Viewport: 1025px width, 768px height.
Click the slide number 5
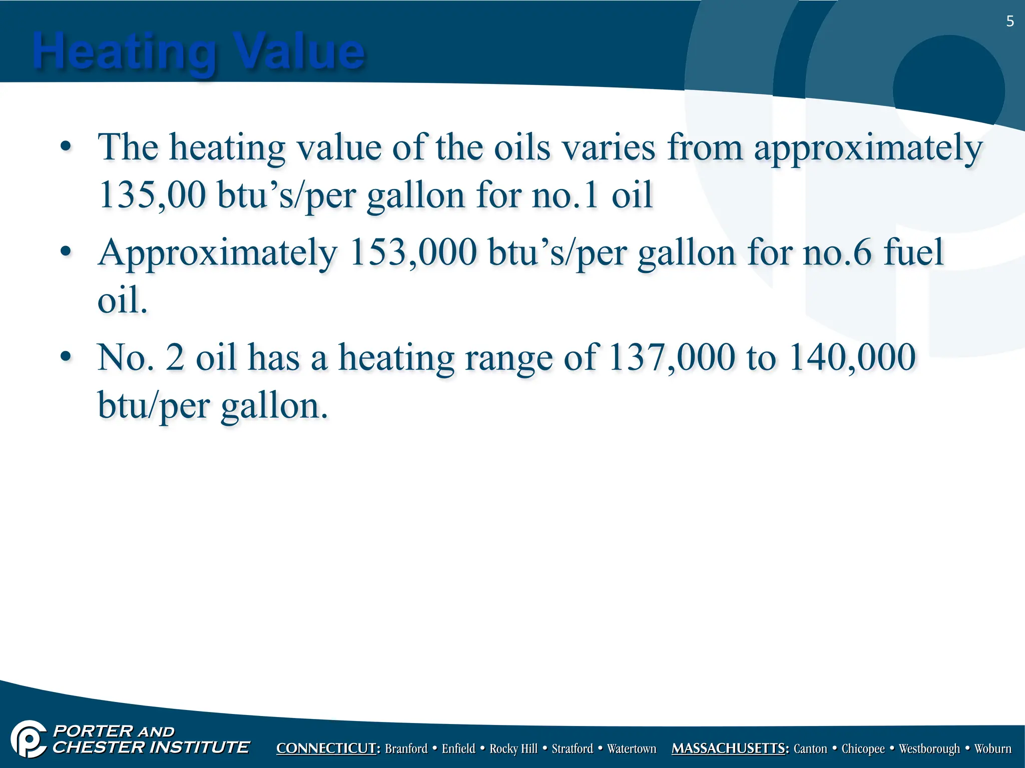tap(1009, 21)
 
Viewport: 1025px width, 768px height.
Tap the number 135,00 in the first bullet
tap(152, 195)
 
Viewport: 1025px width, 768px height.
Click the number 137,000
tap(672, 358)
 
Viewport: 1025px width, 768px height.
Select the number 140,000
tap(852, 358)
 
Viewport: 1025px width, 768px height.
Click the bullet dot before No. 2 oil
tap(65, 357)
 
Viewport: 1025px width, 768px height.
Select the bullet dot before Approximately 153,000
tap(65, 251)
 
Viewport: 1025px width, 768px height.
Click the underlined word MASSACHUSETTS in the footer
tap(730, 748)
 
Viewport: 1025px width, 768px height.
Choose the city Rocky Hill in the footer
tap(513, 748)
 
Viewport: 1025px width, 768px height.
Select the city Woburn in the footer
tap(993, 748)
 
